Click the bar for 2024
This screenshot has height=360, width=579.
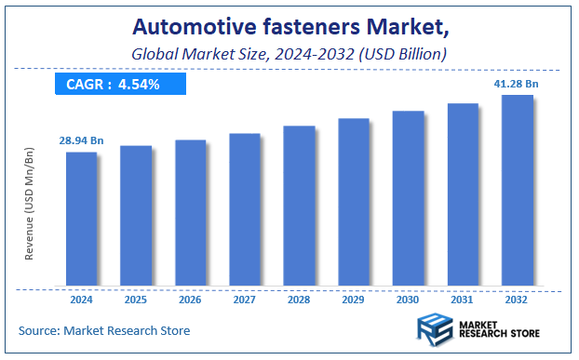(81, 219)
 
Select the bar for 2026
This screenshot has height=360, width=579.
(190, 213)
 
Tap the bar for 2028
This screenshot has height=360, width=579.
(299, 206)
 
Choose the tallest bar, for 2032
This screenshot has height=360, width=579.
(518, 190)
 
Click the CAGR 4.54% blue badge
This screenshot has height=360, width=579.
(121, 85)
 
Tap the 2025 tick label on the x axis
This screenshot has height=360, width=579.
(136, 300)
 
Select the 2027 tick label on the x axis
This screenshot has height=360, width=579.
(245, 300)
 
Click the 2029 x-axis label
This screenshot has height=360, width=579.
(354, 300)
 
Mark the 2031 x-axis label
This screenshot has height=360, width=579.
(463, 300)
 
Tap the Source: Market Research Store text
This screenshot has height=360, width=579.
(104, 330)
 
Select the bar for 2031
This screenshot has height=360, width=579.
(463, 194)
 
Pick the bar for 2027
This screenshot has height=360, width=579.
(245, 209)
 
